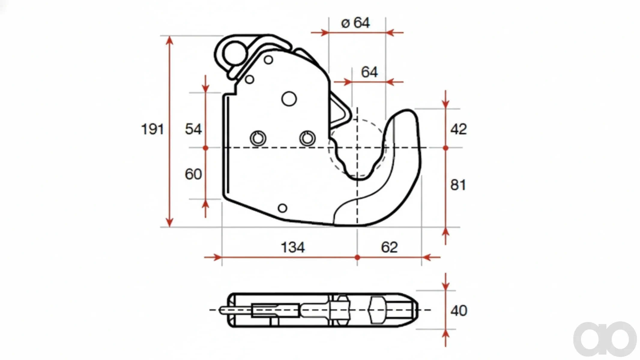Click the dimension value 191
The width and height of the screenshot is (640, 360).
click(152, 129)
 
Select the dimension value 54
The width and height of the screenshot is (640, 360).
click(193, 129)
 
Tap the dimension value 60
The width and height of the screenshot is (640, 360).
click(193, 174)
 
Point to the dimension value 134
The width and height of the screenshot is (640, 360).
click(293, 247)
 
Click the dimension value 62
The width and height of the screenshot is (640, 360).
click(389, 247)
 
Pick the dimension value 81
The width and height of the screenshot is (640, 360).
click(458, 185)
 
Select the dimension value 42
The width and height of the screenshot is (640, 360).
click(459, 129)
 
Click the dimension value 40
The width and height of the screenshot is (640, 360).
click(459, 310)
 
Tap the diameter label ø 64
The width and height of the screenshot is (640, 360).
click(355, 23)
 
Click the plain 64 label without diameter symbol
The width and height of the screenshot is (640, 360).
click(369, 72)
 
